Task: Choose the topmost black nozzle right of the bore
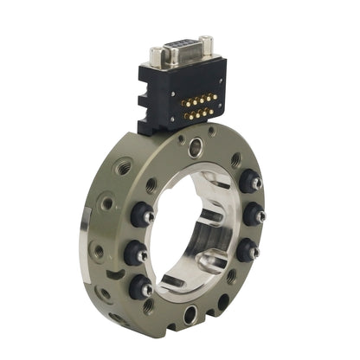[251, 182]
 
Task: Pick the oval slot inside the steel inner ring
[211, 263]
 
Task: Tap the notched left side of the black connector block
[143, 97]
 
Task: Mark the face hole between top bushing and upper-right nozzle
[235, 160]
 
